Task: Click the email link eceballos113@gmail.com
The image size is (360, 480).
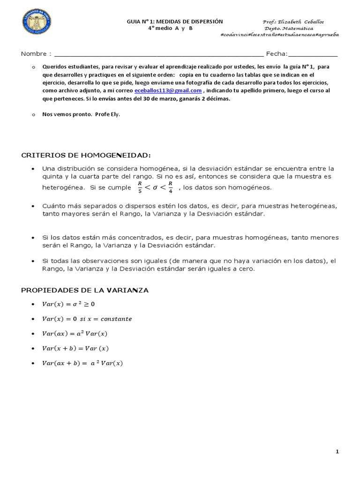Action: click(x=168, y=90)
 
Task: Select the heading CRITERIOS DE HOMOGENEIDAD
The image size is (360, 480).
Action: click(x=86, y=155)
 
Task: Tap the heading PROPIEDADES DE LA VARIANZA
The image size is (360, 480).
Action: click(x=85, y=290)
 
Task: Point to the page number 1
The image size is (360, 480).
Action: click(x=337, y=451)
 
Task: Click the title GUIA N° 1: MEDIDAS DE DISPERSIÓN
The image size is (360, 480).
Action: click(x=175, y=22)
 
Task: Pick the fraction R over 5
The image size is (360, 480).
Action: click(x=139, y=187)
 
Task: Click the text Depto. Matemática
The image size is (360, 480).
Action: click(x=289, y=28)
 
